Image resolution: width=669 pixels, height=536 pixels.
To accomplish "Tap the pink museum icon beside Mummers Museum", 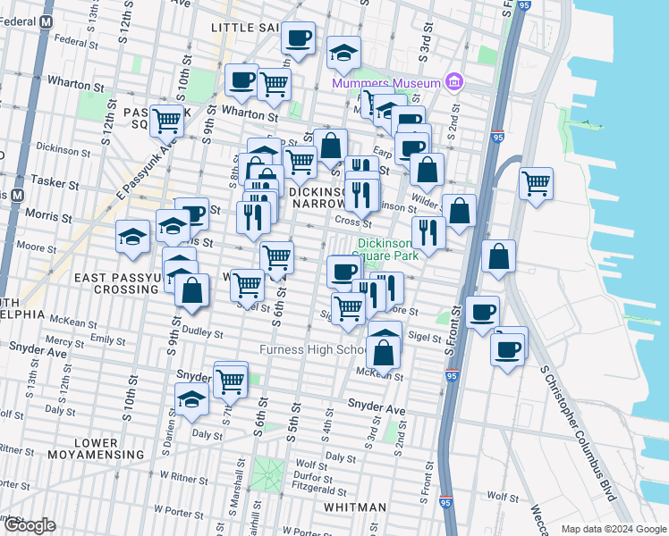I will click(454, 83).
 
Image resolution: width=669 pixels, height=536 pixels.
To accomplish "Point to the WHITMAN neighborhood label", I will click(354, 507).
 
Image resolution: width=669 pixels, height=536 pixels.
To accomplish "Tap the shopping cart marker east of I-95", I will click(536, 183).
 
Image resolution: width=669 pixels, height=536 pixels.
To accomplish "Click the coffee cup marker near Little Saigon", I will click(298, 38).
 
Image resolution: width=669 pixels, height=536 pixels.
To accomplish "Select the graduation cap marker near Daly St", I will click(191, 400).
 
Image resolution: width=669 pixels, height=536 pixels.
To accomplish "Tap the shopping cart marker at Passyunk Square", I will click(166, 120).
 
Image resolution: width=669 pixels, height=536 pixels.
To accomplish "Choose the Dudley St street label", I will click(202, 333).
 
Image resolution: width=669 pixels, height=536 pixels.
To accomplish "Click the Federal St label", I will click(75, 40).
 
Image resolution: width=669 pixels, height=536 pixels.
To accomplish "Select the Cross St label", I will click(352, 222).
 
